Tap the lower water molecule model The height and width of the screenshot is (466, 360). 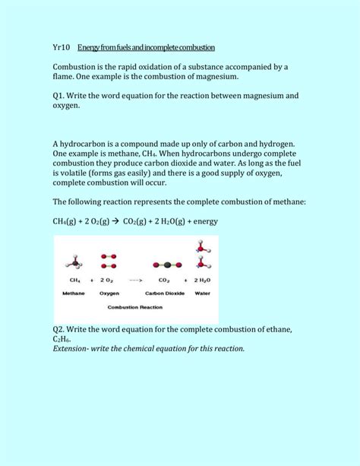[x=201, y=264]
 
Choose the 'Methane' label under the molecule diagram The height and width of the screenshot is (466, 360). [x=74, y=292]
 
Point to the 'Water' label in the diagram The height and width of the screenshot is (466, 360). [x=202, y=292]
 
